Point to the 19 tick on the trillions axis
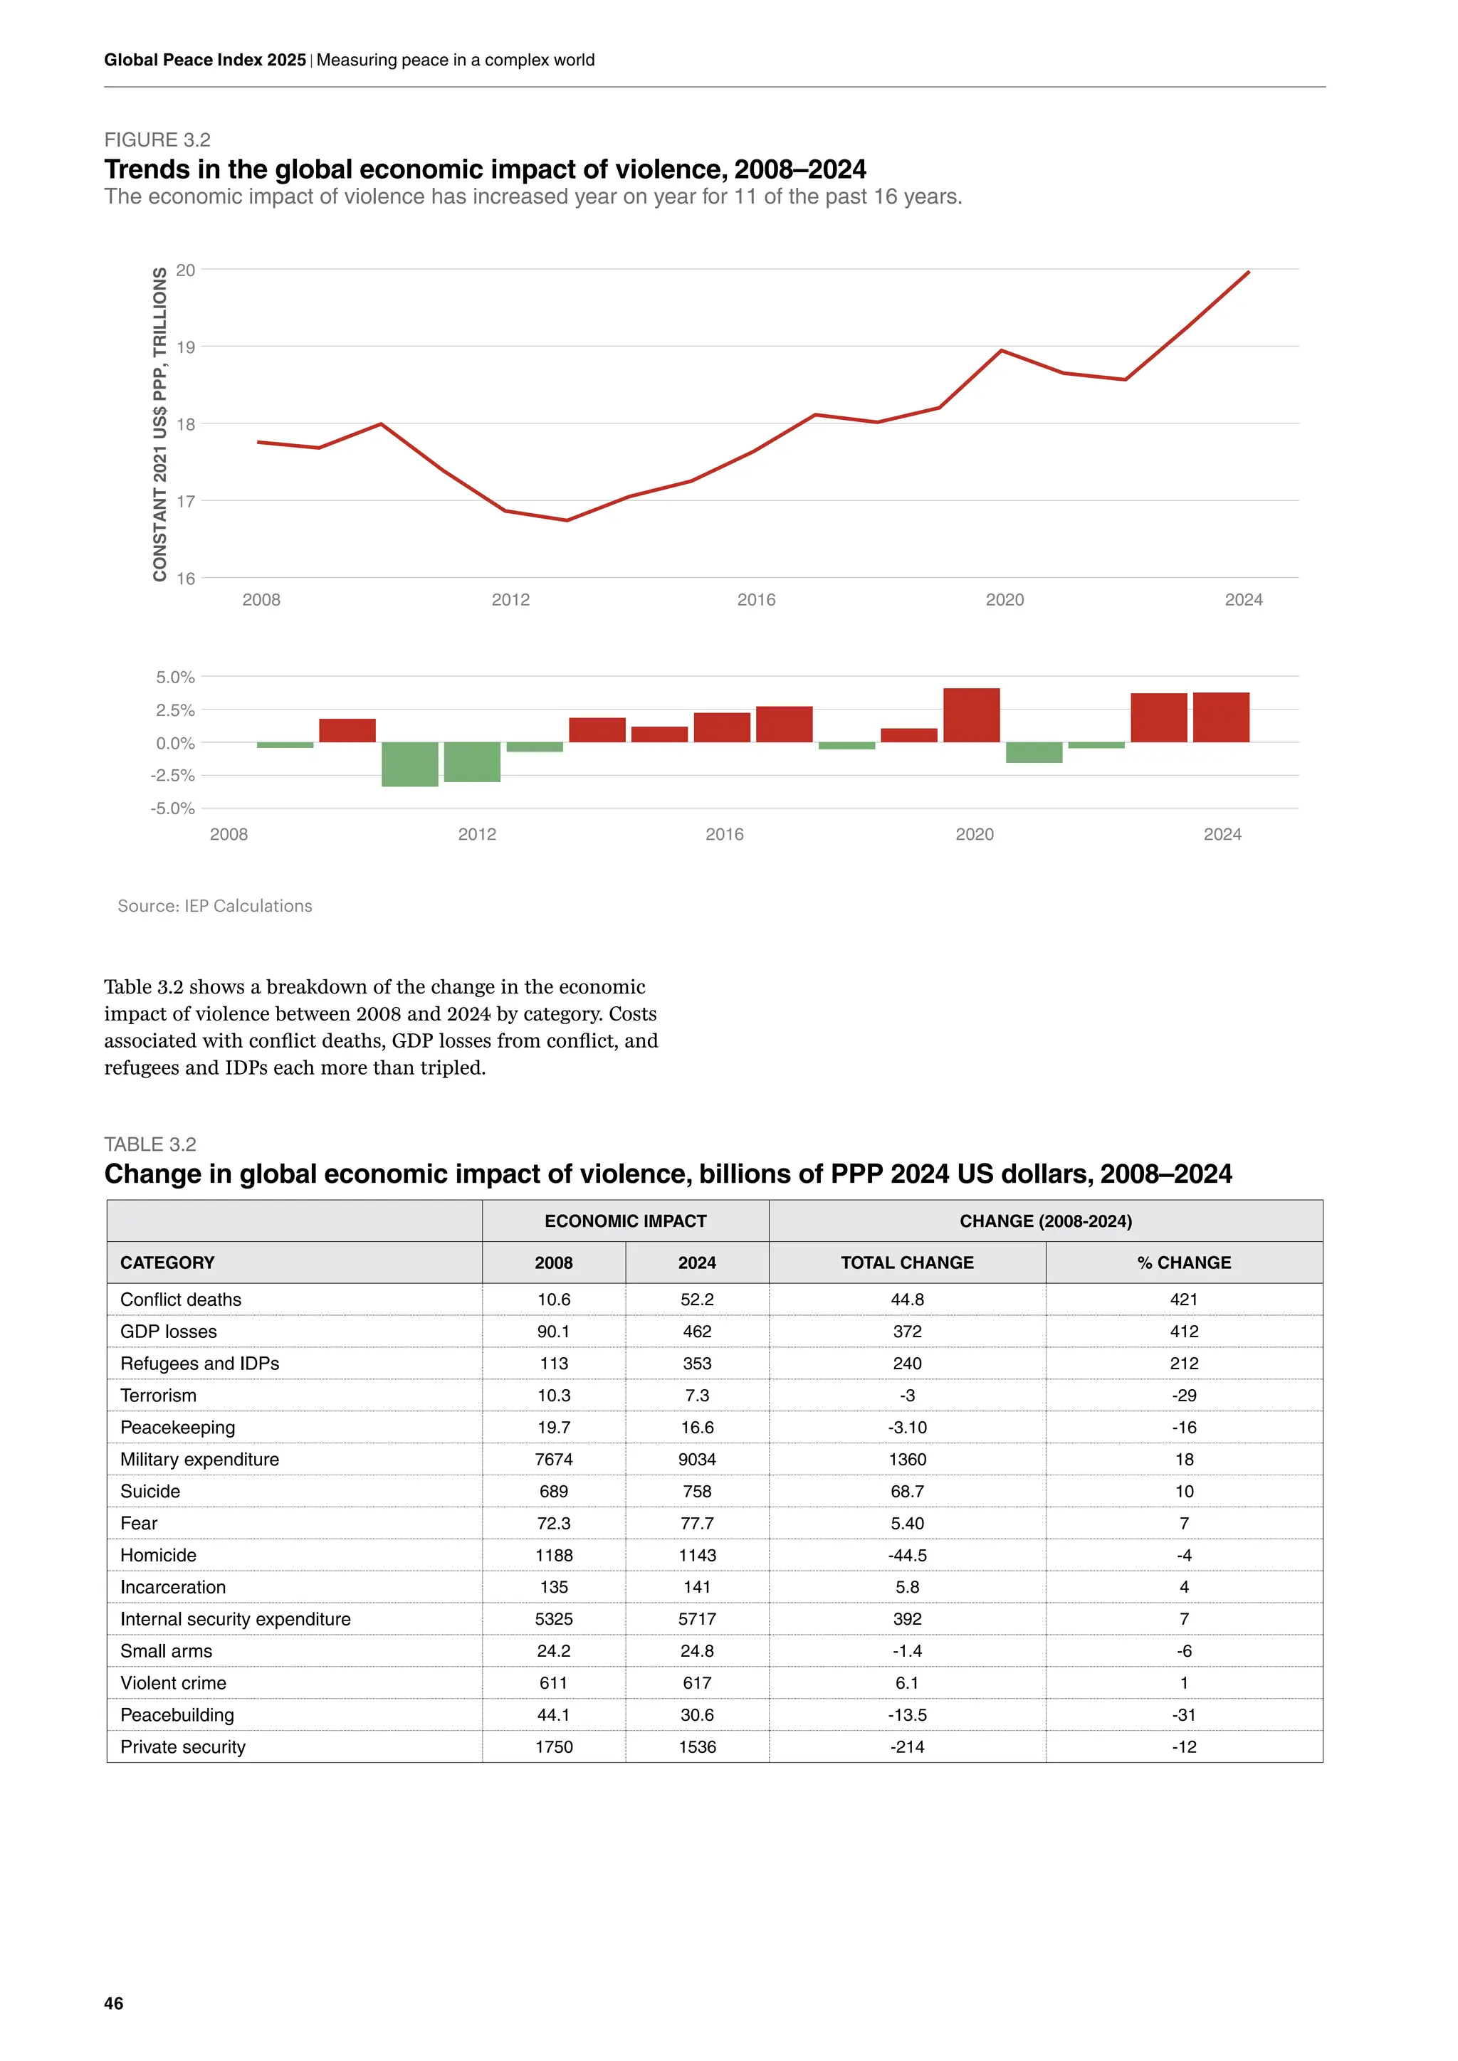point(186,347)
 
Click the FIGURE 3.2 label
point(157,140)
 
